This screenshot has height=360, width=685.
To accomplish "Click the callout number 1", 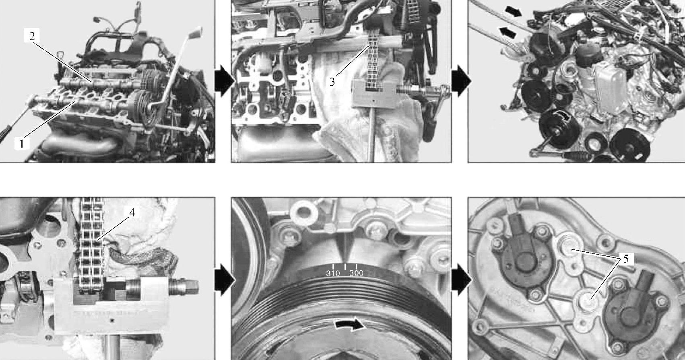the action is pos(21,143).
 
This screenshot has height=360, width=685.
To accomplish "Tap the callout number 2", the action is pos(32,36).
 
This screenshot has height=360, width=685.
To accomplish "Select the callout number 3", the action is pos(332,82).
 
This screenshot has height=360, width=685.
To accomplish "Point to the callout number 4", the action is pos(132,213).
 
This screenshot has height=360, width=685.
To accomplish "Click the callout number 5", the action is pos(626,259).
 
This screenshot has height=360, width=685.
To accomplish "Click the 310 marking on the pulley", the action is pos(333,273).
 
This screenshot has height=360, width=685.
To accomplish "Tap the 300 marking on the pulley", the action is pos(356,273).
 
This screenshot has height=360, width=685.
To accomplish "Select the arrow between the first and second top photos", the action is pos(224,81).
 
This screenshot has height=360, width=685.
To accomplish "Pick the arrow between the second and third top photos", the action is pos(461,81).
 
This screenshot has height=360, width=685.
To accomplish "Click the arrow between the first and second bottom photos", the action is pos(224,280).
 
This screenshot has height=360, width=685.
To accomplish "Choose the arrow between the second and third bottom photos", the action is pos(461,280).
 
